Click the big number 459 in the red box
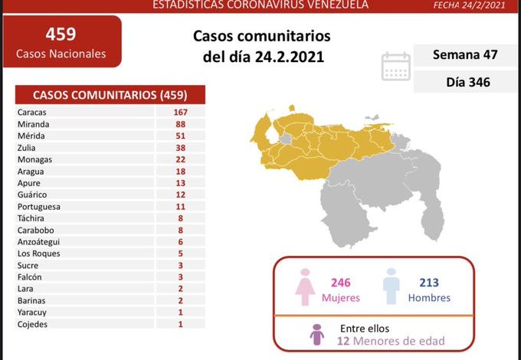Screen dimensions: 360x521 (61, 34)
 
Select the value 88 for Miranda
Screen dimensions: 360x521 (180, 123)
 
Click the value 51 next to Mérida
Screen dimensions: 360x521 (180, 136)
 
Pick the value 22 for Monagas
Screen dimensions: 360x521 (180, 159)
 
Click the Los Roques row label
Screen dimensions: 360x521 (38, 254)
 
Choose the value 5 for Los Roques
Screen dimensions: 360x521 (180, 254)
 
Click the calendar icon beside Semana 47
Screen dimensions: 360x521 (396, 66)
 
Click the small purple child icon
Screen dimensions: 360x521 (317, 334)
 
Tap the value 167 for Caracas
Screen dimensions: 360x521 (180, 112)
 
